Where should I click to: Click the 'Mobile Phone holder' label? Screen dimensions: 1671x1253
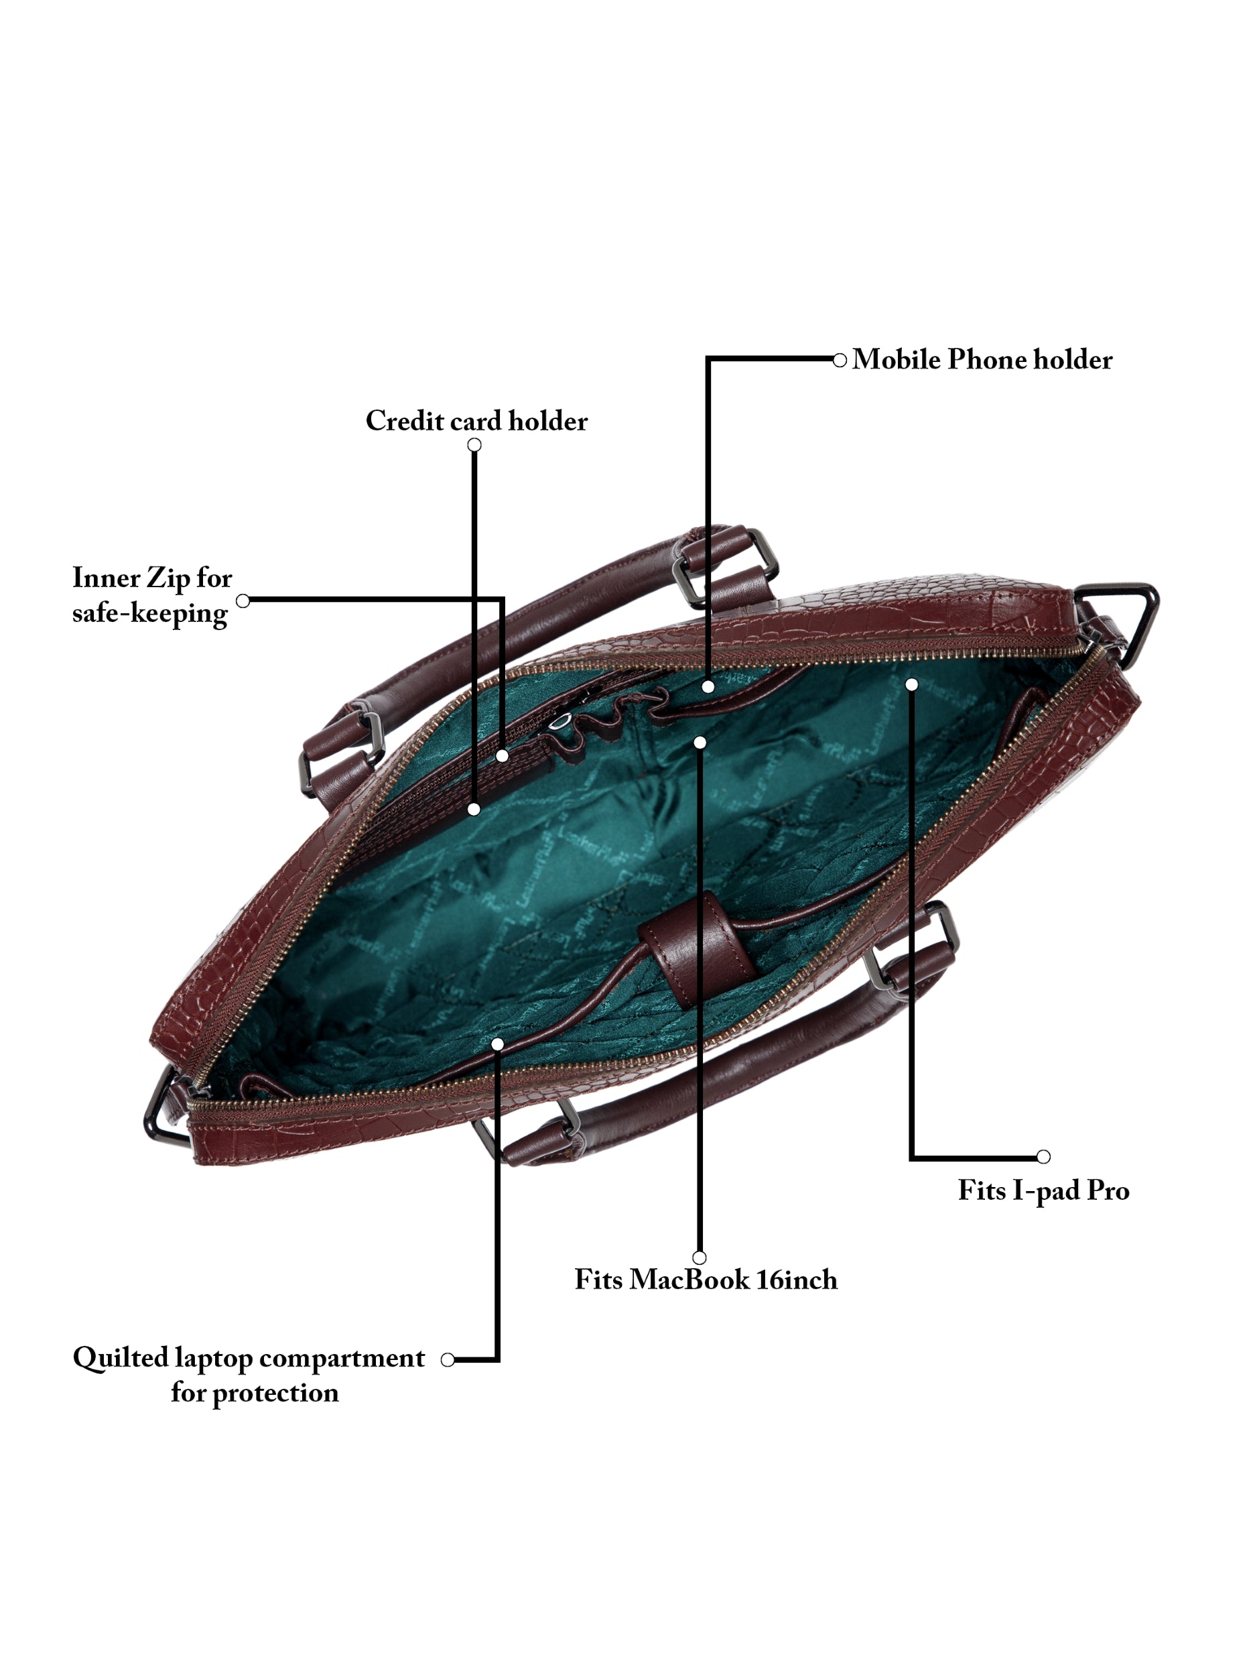(x=981, y=359)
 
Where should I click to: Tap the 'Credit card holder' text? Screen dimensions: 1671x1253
(x=476, y=421)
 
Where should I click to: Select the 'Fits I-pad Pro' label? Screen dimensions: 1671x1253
(x=1043, y=1190)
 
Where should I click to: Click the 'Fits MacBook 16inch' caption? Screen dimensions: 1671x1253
(x=706, y=1280)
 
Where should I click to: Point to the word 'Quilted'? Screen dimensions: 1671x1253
(x=120, y=1358)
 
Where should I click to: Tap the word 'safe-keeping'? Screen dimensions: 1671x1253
(x=149, y=613)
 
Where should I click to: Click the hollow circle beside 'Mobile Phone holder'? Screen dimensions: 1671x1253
(x=839, y=361)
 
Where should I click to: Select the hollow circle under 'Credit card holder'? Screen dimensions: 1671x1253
(x=474, y=445)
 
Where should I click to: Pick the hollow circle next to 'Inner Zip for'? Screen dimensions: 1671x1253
(x=243, y=601)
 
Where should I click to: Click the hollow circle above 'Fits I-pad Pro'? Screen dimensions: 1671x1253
(x=1043, y=1156)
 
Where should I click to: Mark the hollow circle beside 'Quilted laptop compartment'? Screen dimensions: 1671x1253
(x=447, y=1360)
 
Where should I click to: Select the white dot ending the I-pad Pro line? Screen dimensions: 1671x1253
(x=912, y=684)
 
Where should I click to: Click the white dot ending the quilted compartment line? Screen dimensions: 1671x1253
(x=497, y=1044)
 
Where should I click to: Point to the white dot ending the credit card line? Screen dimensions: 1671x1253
(x=474, y=809)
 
